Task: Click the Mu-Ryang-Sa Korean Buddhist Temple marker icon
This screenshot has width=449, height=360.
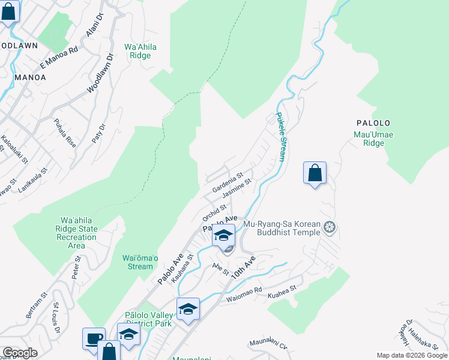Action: point(329,227)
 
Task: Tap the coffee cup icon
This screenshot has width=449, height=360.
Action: point(94,338)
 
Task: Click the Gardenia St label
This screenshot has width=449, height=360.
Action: point(227,182)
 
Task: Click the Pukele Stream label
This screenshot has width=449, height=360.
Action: point(280,137)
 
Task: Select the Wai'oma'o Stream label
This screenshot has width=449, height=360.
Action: point(140,262)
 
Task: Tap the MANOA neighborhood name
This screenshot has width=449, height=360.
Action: point(30,77)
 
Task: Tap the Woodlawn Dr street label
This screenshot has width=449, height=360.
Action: point(100,74)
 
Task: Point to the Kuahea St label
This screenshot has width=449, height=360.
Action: point(282,289)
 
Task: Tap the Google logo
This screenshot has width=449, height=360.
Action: point(20,353)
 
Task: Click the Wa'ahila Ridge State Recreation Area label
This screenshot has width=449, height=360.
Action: point(77,233)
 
